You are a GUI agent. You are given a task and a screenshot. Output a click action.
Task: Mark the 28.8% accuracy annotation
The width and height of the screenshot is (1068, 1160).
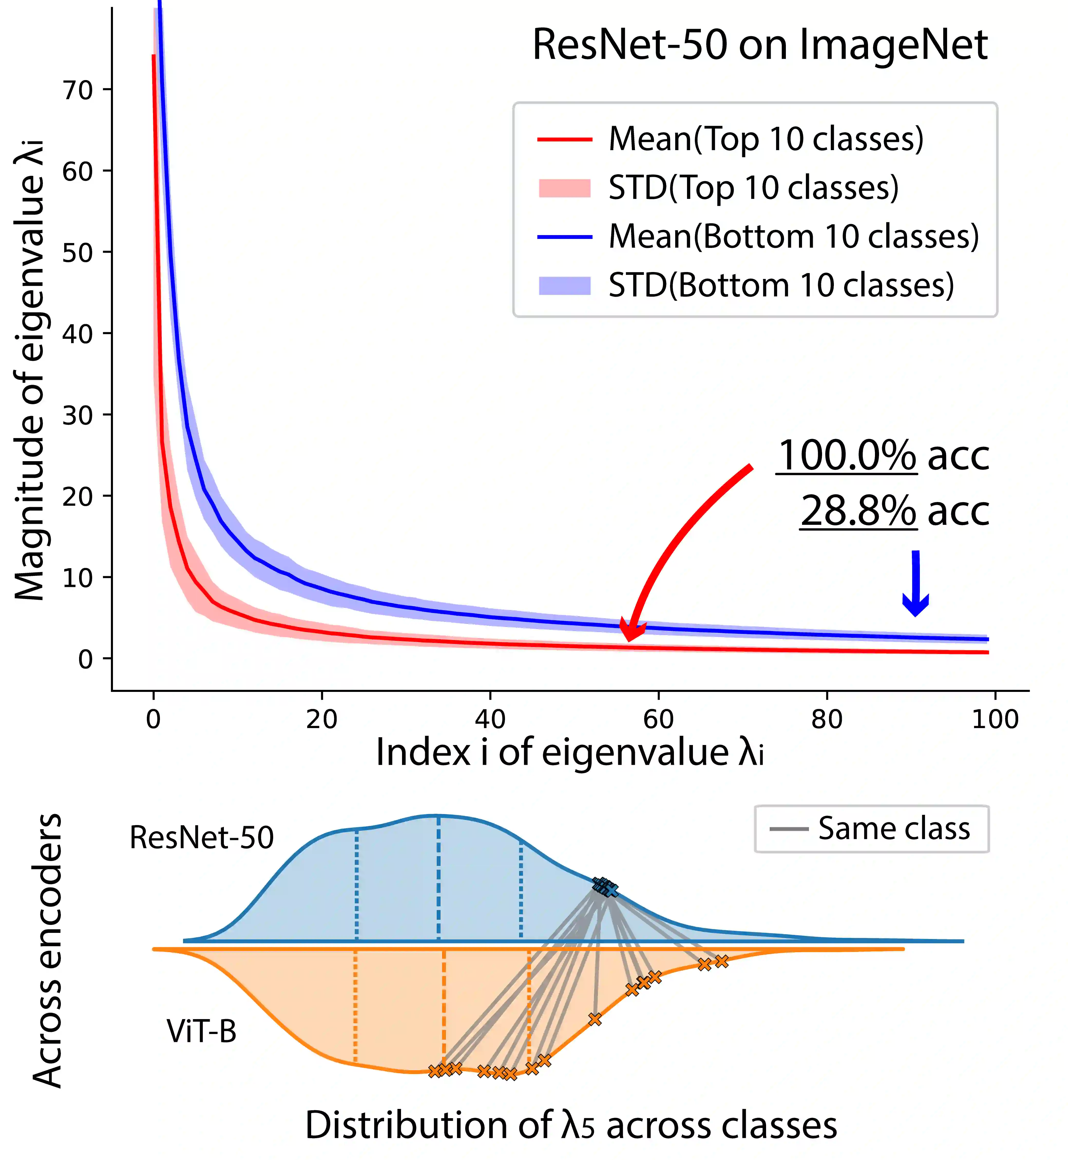(895, 511)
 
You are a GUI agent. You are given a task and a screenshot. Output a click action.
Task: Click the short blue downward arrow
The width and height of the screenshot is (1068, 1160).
(916, 584)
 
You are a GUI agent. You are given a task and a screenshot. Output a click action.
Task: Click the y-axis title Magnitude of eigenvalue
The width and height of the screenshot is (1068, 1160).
(30, 370)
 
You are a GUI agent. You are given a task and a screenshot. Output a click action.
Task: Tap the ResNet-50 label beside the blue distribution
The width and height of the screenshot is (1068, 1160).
(202, 837)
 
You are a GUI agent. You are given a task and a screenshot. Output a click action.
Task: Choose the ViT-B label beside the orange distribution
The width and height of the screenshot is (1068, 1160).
(202, 1031)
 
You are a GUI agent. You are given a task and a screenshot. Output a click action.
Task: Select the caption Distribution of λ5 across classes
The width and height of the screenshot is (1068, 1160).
(571, 1125)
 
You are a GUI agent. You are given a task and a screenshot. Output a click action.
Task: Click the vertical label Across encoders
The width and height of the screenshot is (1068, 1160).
(47, 950)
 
